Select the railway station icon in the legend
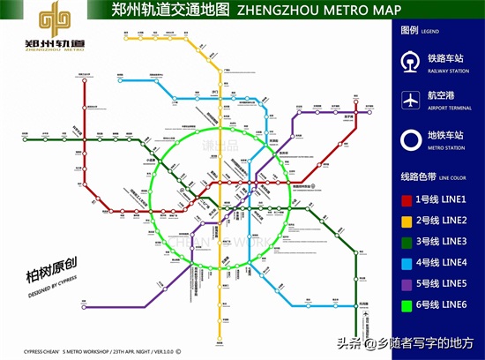point(410,64)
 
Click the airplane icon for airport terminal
point(410,101)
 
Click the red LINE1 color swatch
point(408,201)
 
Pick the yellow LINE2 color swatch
point(408,221)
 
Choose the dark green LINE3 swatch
point(408,242)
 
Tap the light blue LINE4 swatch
point(408,262)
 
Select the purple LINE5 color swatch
point(408,283)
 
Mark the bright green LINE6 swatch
point(408,304)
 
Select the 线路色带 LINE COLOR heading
point(432,176)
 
